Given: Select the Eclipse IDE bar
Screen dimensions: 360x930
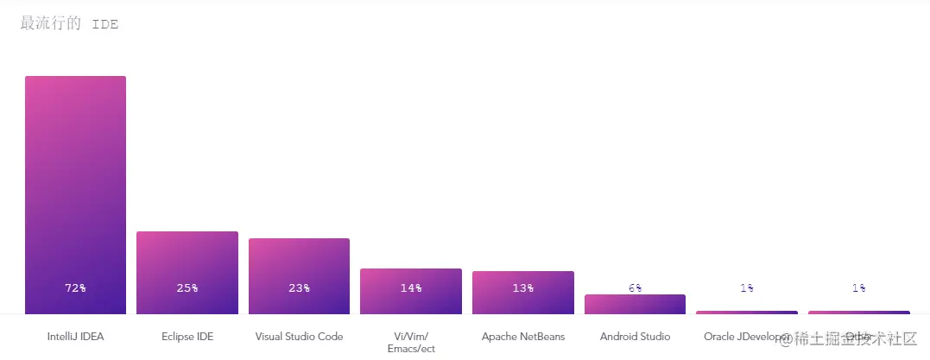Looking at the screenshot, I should click(x=187, y=259).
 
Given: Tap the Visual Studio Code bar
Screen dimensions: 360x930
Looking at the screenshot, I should click(x=299, y=262).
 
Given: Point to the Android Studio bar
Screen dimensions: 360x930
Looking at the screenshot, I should click(x=635, y=305).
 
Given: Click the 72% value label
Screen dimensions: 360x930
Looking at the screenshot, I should click(x=75, y=288).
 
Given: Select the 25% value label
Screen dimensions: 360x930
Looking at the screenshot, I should click(x=187, y=288).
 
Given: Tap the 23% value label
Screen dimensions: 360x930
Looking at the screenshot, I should click(x=299, y=288).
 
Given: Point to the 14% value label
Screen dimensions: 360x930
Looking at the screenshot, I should click(x=411, y=288).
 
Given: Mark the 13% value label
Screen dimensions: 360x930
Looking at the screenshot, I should click(x=522, y=288).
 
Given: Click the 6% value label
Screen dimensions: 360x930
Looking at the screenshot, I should click(x=635, y=288).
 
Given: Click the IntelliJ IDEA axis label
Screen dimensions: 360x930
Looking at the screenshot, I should click(x=75, y=337).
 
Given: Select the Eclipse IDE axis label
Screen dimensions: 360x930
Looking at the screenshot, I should click(x=187, y=337).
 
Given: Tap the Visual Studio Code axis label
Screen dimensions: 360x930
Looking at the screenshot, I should click(x=299, y=337).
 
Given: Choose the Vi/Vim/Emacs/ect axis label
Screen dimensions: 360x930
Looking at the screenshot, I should click(x=411, y=342).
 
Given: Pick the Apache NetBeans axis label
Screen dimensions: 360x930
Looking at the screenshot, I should click(x=522, y=337).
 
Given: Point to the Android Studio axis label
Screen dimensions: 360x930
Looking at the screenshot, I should click(x=635, y=337).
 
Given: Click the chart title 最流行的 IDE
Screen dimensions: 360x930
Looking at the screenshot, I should click(x=69, y=24).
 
